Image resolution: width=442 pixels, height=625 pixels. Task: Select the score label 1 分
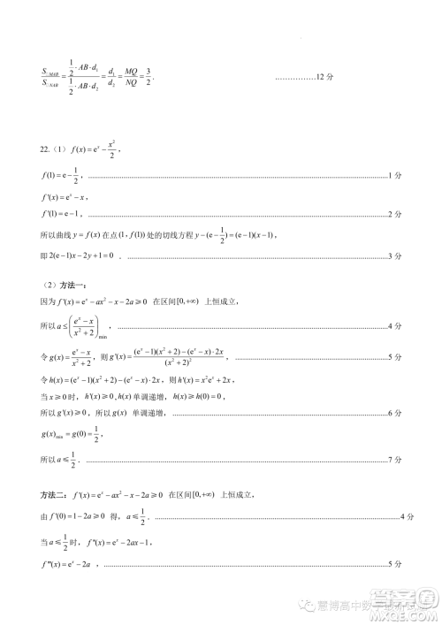[x=395, y=178]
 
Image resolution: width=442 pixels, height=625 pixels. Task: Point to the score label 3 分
[x=395, y=256]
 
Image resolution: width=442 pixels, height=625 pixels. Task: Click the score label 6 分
[x=395, y=415]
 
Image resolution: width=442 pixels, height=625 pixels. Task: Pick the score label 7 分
[x=395, y=460]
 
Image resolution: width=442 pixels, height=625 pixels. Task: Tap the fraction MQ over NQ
[x=132, y=79]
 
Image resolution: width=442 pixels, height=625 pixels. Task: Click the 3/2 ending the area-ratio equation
[x=149, y=79]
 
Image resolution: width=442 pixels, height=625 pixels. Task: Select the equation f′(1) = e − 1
[x=64, y=214]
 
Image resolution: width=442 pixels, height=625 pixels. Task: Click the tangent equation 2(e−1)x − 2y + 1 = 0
[x=83, y=256]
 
